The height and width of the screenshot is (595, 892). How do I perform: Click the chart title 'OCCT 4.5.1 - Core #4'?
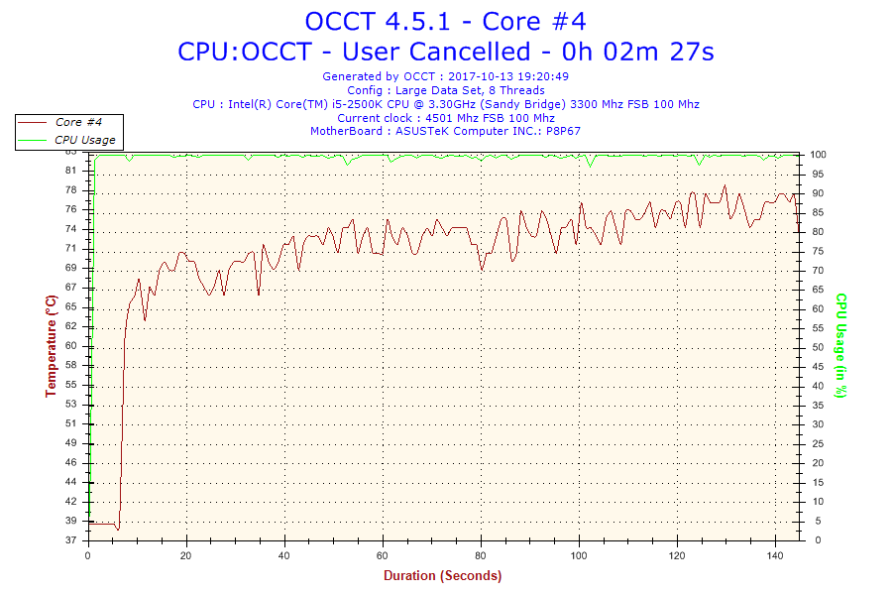coord(445,21)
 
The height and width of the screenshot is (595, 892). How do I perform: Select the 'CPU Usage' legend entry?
coord(84,140)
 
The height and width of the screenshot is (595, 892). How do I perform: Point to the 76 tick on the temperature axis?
coord(71,209)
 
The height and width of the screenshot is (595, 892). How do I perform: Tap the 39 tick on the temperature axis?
coord(71,521)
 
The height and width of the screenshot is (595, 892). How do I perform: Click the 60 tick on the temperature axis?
coord(71,345)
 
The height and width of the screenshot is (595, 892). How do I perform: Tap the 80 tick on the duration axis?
coord(481,555)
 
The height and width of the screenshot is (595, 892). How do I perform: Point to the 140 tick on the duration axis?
coord(774,555)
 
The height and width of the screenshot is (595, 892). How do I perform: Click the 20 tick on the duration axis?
coord(186,555)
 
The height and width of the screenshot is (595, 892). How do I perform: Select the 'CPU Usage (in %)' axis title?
coord(840,345)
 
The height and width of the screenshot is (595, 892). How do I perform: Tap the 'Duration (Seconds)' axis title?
coord(442,575)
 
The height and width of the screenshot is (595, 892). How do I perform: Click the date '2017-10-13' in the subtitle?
coord(480,76)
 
